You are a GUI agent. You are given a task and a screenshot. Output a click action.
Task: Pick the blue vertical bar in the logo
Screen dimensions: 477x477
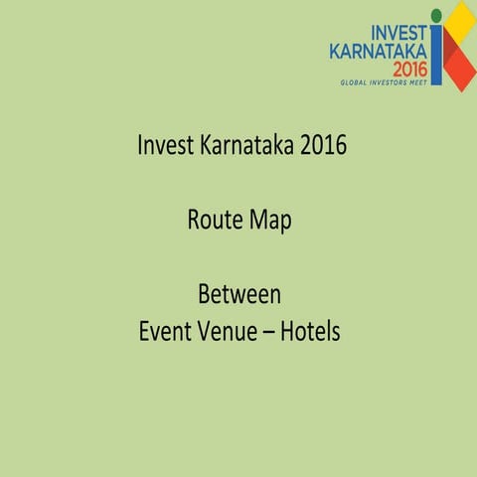coord(435,56)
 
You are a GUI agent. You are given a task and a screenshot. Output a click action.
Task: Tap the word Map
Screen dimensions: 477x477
coord(270,221)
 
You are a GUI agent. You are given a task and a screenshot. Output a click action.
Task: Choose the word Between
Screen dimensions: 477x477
coord(238,295)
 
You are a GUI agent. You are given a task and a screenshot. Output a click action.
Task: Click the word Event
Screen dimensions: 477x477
coord(166,331)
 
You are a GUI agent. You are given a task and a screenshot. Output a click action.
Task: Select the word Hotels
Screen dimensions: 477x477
coord(310,331)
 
